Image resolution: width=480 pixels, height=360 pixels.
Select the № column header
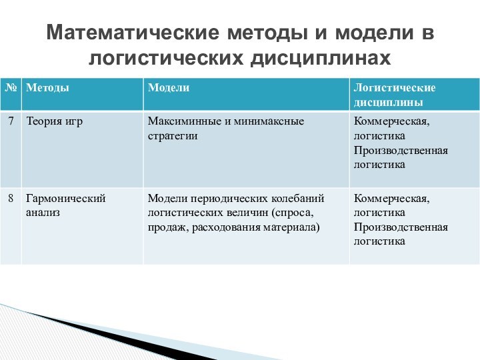pyautogui.click(x=11, y=88)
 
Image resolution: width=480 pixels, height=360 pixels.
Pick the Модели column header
pyautogui.click(x=168, y=88)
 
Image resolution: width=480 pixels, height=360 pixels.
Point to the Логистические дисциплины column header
pyautogui.click(x=394, y=95)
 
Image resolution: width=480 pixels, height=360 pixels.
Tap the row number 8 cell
pyautogui.click(x=11, y=198)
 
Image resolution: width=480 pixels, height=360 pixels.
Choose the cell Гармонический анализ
pyautogui.click(x=65, y=205)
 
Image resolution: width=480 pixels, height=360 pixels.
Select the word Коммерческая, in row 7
pyautogui.click(x=391, y=121)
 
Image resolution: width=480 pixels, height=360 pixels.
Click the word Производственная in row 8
pyautogui.click(x=401, y=227)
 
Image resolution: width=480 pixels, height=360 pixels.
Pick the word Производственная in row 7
pyautogui.click(x=401, y=150)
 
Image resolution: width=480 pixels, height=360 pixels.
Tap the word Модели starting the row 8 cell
pyautogui.click(x=167, y=198)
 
